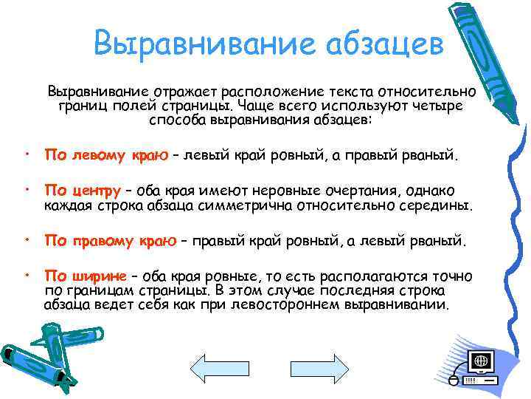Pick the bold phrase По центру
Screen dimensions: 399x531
click(83, 191)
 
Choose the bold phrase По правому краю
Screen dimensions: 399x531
click(111, 240)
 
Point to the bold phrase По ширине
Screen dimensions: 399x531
click(83, 276)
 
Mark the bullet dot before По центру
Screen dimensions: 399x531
click(27, 191)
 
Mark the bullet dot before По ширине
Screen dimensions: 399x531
click(27, 275)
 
